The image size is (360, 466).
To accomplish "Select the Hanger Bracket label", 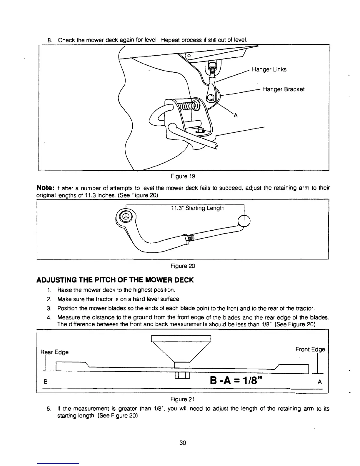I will pyautogui.click(x=284, y=89).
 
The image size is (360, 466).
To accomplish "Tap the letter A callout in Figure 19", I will pyautogui.click(x=235, y=115).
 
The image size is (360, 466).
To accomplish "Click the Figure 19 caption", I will pyautogui.click(x=183, y=176).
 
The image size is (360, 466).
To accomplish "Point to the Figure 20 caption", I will pyautogui.click(x=183, y=266).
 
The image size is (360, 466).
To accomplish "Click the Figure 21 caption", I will pyautogui.click(x=183, y=399).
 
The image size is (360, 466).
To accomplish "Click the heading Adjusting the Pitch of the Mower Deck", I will pyautogui.click(x=115, y=280).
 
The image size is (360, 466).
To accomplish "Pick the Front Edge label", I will pyautogui.click(x=310, y=349).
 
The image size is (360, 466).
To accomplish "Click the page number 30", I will pyautogui.click(x=183, y=443).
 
